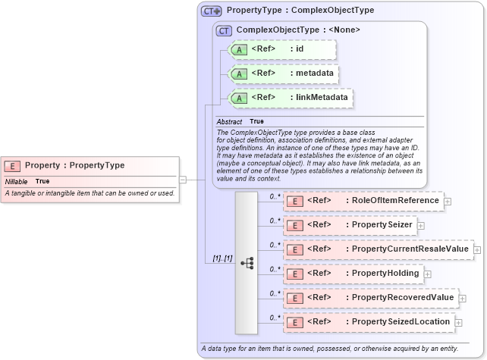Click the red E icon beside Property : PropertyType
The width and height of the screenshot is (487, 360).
click(13, 165)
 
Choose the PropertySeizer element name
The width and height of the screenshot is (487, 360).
click(379, 225)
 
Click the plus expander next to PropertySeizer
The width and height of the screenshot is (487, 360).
click(420, 225)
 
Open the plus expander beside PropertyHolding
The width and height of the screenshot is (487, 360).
click(428, 273)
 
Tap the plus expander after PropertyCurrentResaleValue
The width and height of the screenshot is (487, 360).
click(477, 249)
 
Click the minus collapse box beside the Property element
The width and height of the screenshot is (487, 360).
click(183, 180)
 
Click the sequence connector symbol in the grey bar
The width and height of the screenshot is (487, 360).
click(247, 263)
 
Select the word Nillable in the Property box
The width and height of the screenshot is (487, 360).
click(16, 182)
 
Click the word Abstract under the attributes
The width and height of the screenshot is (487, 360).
click(229, 121)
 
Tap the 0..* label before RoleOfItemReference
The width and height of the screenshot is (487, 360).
click(275, 196)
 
